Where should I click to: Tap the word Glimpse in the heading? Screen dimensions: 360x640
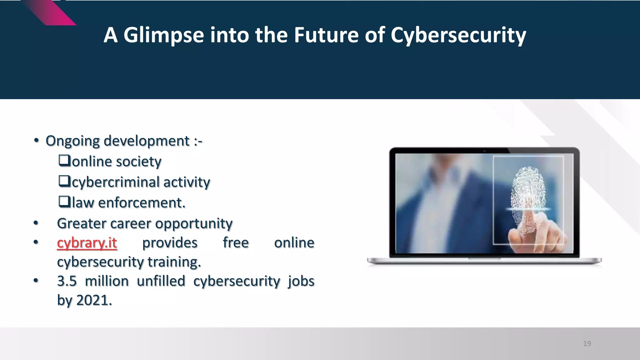tap(163, 35)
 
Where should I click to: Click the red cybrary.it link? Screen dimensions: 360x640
tap(87, 243)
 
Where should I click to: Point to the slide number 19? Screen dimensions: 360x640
tap(587, 344)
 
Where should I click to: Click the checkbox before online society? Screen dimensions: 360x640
tap(64, 161)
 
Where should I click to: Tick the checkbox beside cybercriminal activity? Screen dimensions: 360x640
tap(64, 181)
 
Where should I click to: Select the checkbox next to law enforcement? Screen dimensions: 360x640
tap(64, 202)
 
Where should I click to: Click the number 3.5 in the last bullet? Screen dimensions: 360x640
tap(67, 281)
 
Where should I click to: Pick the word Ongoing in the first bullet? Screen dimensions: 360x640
tap(72, 141)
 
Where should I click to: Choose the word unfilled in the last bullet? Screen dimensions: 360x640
tap(161, 281)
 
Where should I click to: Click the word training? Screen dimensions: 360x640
tap(174, 262)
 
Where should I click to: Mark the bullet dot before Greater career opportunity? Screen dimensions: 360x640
tap(36, 223)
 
